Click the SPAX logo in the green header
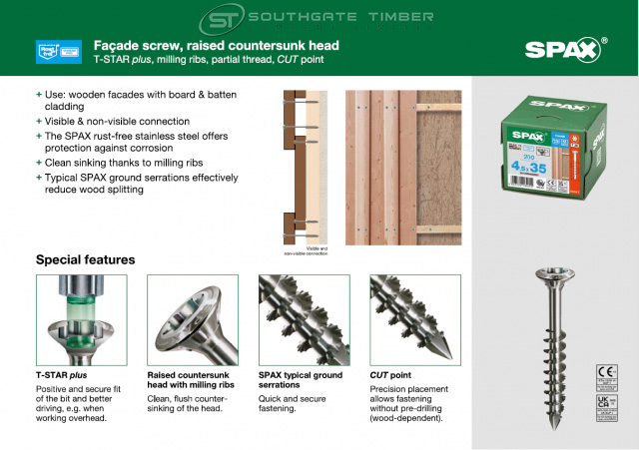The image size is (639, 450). pos(565,50)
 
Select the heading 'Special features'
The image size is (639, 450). pos(85,259)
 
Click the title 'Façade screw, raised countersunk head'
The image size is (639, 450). pos(216,45)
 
